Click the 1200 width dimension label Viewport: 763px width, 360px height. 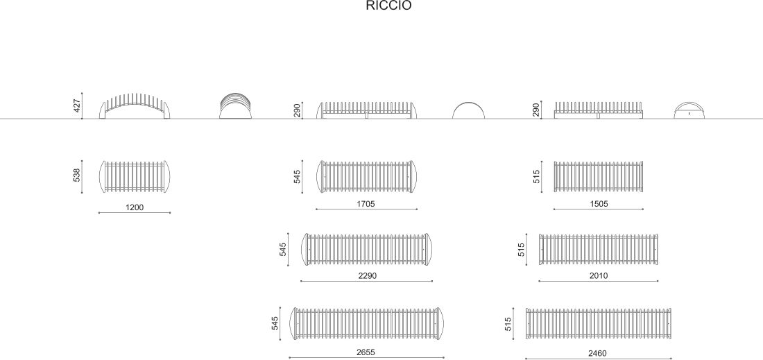[x=135, y=207]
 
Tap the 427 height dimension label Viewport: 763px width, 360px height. [x=77, y=106]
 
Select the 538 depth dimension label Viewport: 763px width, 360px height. [x=77, y=176]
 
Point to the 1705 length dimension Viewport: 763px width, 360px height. [x=366, y=204]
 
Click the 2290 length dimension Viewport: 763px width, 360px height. [x=366, y=276]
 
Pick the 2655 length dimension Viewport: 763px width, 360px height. [x=366, y=352]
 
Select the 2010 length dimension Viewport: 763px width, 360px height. [x=598, y=276]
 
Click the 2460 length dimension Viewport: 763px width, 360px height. [x=597, y=353]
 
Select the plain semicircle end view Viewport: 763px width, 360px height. [x=469, y=110]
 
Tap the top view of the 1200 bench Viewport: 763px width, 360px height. [x=135, y=177]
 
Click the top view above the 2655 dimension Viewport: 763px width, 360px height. [x=366, y=324]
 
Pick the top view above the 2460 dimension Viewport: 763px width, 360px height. [x=599, y=324]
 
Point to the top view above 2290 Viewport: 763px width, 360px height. [x=366, y=249]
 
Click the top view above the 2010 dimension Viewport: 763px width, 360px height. [x=599, y=249]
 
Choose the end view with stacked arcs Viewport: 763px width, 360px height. [x=234, y=107]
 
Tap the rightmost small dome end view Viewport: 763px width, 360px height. [x=689, y=111]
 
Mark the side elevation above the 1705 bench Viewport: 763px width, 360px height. [x=366, y=110]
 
